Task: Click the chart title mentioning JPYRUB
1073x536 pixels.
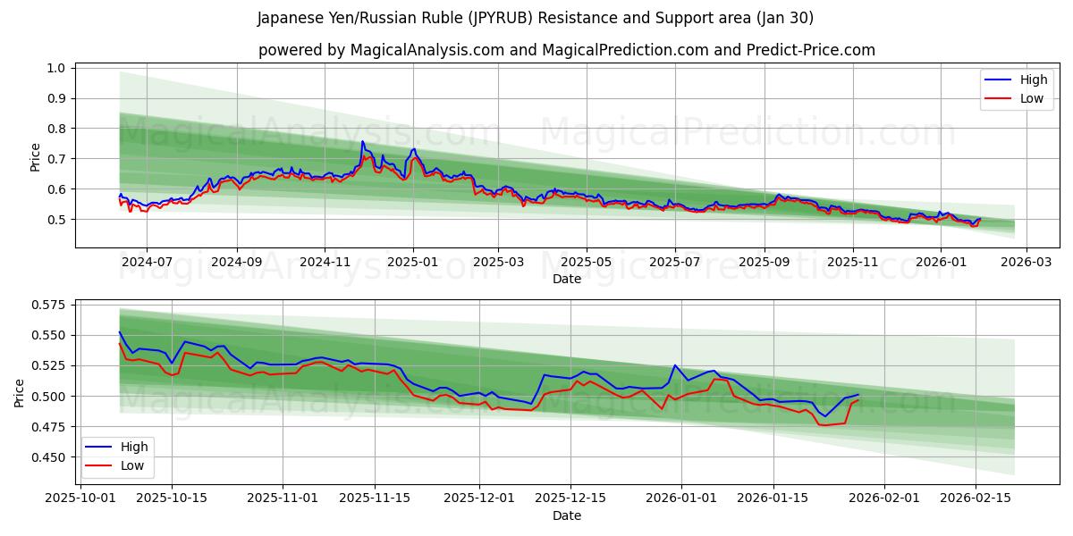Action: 536,18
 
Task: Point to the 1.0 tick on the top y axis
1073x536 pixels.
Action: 55,68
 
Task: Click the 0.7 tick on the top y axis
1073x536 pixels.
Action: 55,159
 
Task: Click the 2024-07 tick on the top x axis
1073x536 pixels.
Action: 146,262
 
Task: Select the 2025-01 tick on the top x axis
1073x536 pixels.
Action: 412,262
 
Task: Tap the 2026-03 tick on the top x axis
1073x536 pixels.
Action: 1026,262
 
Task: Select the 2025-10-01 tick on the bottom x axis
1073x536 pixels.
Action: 80,497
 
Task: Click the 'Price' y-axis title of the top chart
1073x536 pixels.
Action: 36,157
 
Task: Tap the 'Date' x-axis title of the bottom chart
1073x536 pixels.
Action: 567,515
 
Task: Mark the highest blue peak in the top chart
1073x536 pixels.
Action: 362,141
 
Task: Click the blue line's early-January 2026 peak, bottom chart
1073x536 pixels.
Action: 675,365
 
